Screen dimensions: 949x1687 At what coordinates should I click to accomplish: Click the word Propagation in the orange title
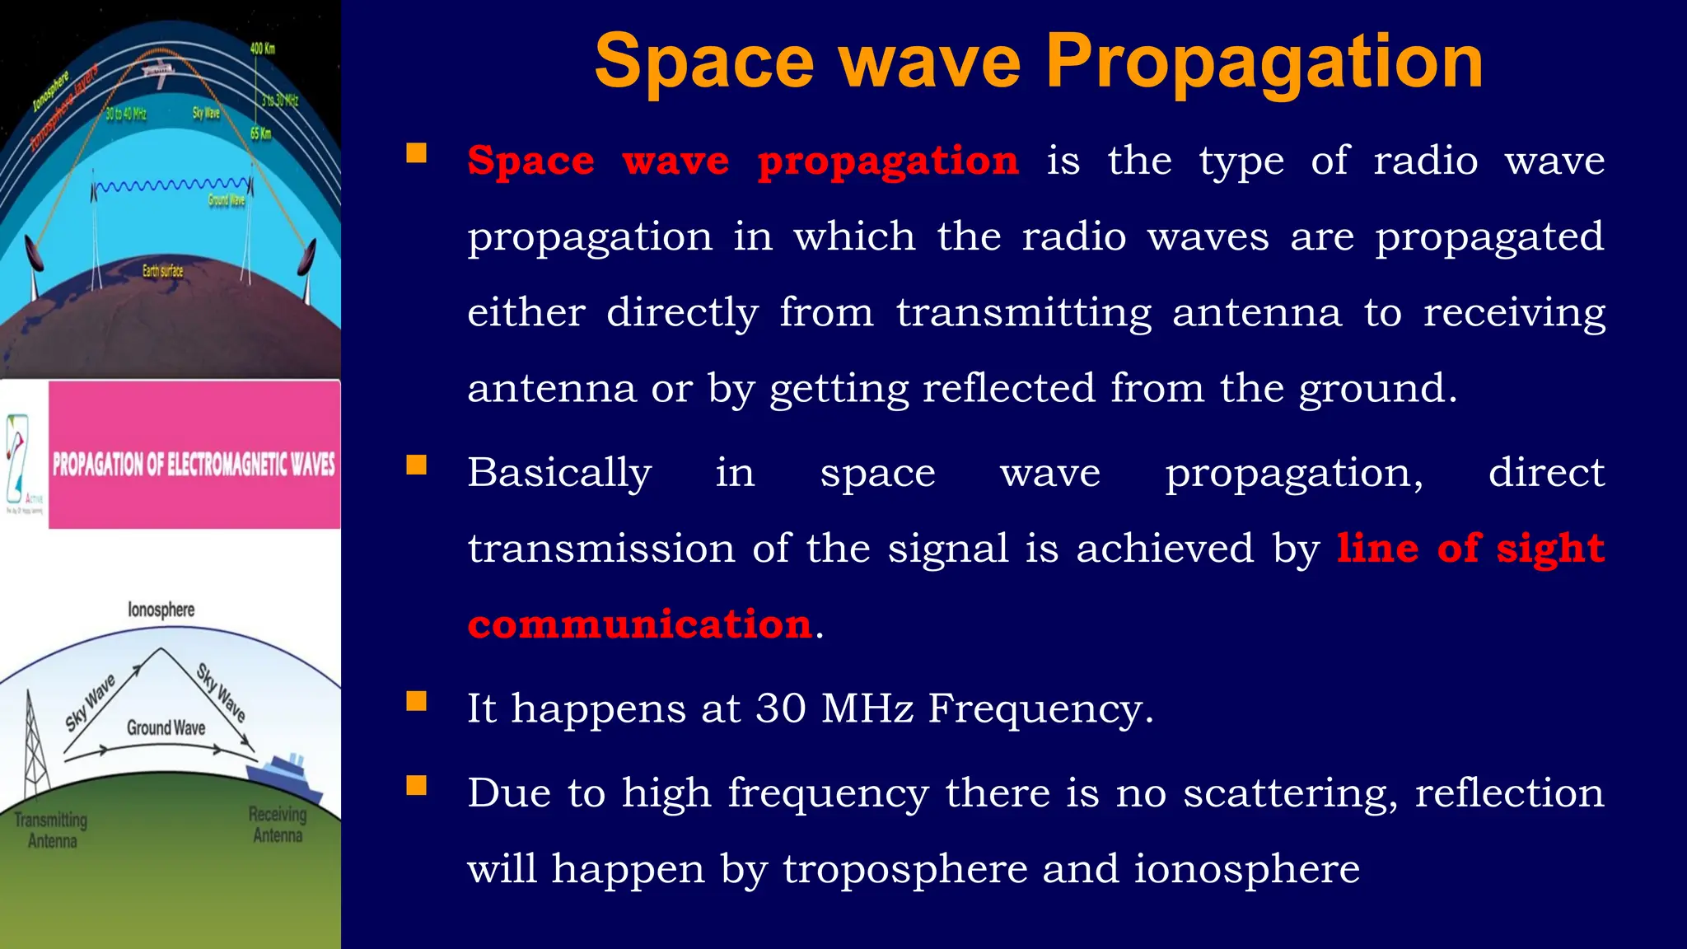1264,63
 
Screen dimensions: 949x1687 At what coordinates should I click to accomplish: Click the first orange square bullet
417,153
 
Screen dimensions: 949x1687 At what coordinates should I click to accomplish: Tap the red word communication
641,624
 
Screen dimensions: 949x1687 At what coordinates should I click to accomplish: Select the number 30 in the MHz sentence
781,708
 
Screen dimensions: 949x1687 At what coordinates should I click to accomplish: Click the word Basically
559,473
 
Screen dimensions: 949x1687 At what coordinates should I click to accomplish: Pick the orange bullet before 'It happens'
417,701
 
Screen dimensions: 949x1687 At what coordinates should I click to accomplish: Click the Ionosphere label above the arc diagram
161,610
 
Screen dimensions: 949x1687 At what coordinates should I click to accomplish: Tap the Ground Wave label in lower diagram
166,727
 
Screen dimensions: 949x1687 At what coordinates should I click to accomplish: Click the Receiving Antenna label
278,825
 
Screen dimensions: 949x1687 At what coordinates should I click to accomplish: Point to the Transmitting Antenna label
51,830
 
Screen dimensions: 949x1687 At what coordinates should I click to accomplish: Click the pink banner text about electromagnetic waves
194,464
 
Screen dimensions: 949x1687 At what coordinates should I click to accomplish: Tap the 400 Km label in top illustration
263,49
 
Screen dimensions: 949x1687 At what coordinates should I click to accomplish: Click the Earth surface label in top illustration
162,270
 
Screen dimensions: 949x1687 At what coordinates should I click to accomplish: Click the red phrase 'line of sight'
1470,548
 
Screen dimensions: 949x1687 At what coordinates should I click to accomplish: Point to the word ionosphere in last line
1246,868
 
